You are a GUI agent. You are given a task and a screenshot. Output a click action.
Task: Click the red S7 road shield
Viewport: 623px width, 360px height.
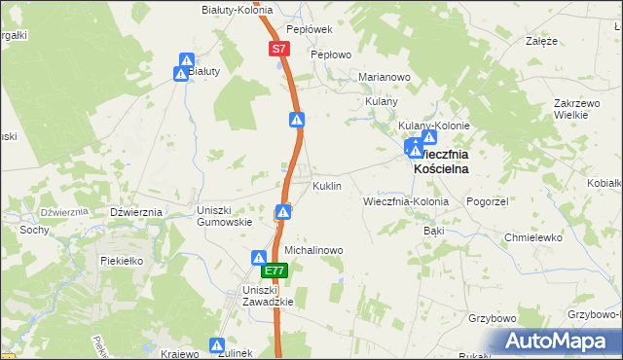279,48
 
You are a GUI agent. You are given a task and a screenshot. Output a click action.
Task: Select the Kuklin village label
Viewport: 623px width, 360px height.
326,185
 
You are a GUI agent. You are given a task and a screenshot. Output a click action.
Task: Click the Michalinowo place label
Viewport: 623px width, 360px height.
313,250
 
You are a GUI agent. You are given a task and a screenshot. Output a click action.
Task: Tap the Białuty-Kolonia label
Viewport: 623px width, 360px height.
236,8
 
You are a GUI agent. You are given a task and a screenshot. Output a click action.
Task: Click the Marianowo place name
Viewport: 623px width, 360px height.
385,77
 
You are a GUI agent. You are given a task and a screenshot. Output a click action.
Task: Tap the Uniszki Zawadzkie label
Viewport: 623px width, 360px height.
268,296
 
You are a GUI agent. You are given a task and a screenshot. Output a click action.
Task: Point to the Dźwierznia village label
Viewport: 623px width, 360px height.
135,212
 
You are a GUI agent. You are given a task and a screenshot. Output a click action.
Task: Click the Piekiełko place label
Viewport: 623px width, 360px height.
122,261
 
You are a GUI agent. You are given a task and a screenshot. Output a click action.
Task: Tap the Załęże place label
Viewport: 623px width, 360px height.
541,42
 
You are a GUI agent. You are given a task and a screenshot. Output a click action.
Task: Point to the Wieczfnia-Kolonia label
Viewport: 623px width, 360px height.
405,201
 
